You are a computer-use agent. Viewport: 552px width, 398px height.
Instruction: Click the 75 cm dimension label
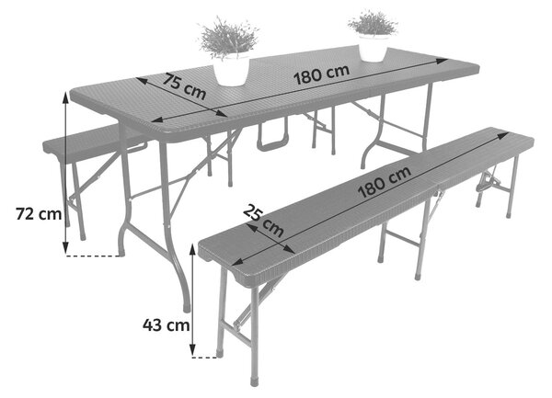[184, 86]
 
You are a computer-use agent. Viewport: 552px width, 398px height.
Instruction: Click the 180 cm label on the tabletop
[321, 74]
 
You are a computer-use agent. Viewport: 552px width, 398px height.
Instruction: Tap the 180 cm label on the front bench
[385, 182]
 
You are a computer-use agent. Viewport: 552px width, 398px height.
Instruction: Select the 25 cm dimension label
[263, 221]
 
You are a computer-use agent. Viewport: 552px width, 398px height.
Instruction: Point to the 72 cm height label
[39, 214]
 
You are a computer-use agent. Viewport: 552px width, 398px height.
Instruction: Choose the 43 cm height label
[167, 324]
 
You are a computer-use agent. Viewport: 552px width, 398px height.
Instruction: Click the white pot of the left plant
[231, 70]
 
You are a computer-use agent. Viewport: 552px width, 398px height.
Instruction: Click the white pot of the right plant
[373, 48]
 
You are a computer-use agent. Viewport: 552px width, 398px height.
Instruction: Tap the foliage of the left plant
[228, 37]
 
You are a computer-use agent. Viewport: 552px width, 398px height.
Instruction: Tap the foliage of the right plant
[373, 23]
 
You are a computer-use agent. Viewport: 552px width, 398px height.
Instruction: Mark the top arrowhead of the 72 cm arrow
[65, 97]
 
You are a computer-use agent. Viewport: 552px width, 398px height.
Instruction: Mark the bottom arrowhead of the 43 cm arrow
[192, 350]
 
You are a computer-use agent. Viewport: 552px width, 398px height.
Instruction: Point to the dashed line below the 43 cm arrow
[204, 358]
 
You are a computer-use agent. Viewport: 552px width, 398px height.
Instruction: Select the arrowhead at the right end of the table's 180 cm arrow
[443, 62]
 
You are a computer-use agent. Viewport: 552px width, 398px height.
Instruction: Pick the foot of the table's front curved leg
[187, 308]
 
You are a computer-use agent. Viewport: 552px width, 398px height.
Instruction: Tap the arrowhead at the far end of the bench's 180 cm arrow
[504, 135]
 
